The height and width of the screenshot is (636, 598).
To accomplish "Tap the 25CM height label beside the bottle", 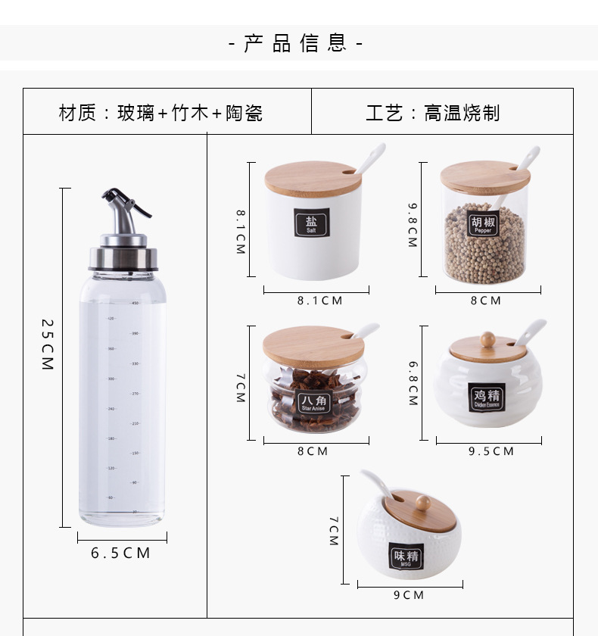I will coord(48,344).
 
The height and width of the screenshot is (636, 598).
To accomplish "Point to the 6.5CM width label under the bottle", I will coord(121,553).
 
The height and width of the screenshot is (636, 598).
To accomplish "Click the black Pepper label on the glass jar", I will coord(483,224).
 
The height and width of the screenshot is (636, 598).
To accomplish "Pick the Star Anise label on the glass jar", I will coord(314,402).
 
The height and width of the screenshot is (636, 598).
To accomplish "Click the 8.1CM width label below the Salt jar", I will coord(319,301).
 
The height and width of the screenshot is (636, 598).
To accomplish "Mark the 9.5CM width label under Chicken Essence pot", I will coord(491,451).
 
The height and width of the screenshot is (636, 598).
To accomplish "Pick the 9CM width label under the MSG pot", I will coord(409,595).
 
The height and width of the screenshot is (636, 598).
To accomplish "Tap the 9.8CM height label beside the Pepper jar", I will coord(413,225).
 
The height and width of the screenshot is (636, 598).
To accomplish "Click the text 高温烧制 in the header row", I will coord(462,114).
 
